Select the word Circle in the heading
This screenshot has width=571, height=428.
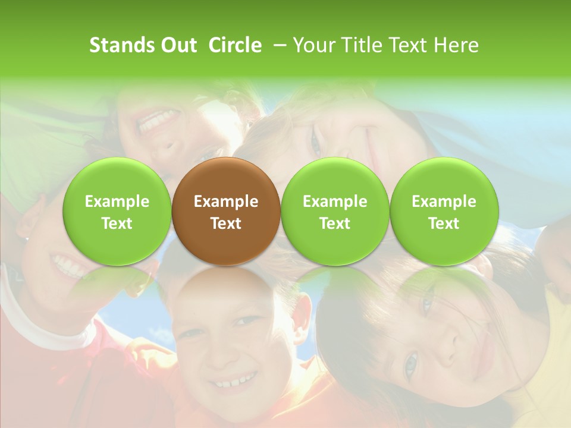(x=235, y=45)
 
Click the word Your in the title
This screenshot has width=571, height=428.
(x=313, y=45)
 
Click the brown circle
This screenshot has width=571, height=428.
(x=226, y=211)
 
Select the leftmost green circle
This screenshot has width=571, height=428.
(x=117, y=211)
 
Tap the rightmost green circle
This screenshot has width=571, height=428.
(x=444, y=211)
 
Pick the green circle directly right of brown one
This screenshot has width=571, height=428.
(x=335, y=211)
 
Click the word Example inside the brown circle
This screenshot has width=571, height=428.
(x=226, y=202)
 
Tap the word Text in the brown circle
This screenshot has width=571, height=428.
(x=226, y=224)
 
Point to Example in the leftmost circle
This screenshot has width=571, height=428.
(x=117, y=202)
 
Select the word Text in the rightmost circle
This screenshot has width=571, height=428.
(x=444, y=224)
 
